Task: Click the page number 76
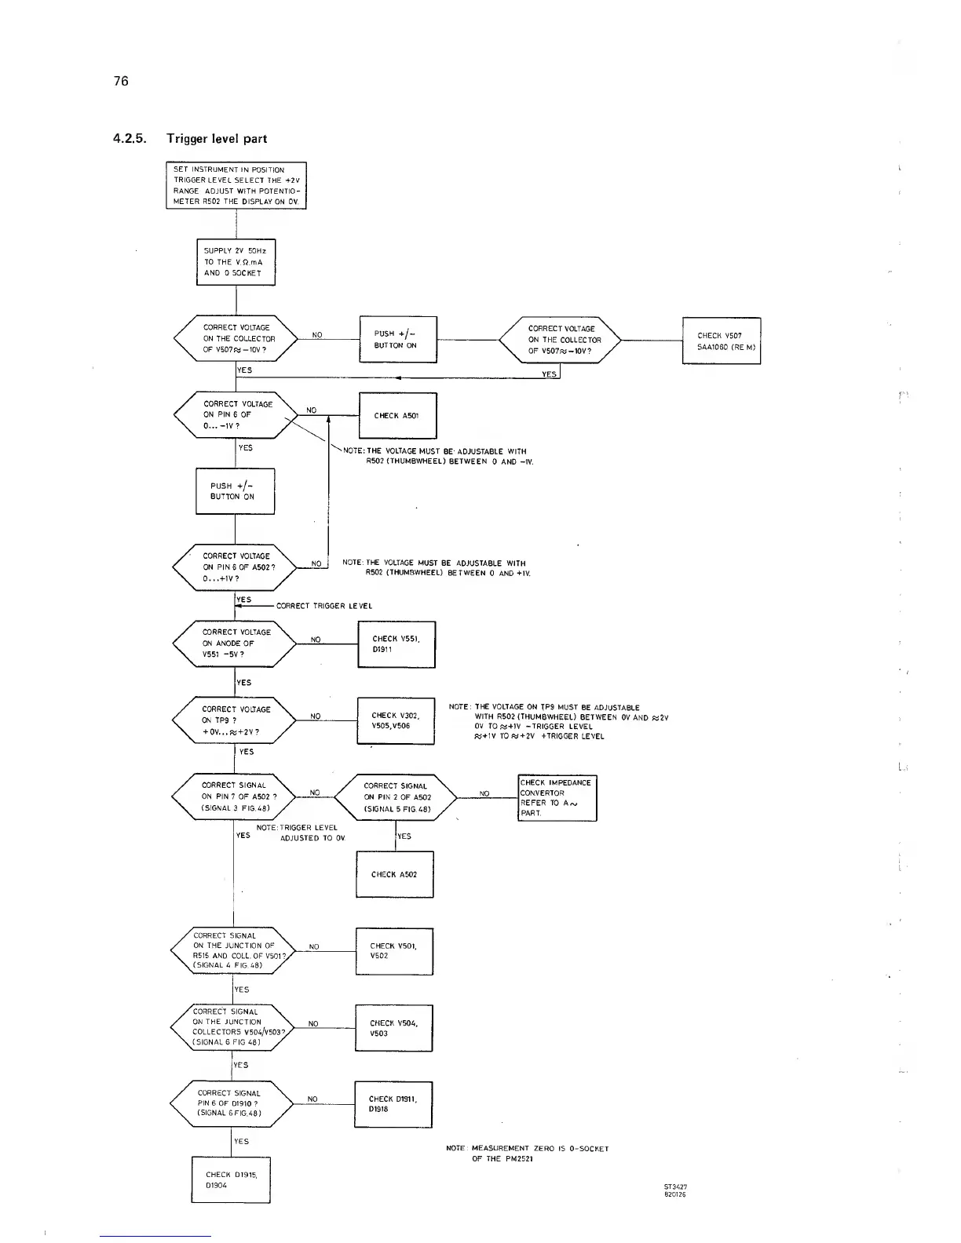[x=120, y=81]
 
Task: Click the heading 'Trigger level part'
[x=216, y=139]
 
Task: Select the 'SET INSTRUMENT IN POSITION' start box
[x=236, y=185]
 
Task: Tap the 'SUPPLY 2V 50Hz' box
[x=235, y=262]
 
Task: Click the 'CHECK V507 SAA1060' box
[x=721, y=341]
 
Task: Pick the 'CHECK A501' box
[x=396, y=415]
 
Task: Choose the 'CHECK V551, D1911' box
[x=396, y=644]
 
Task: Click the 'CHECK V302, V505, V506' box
[x=395, y=720]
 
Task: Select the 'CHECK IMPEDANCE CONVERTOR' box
[x=557, y=797]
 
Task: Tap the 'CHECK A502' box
[x=394, y=874]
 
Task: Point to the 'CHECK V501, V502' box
[x=393, y=951]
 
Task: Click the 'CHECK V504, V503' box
[x=393, y=1028]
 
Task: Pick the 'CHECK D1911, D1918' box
[x=393, y=1104]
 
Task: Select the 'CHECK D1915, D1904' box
[x=230, y=1179]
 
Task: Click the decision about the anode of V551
[x=234, y=643]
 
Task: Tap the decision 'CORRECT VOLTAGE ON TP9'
[x=234, y=720]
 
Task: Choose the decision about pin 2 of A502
[x=396, y=797]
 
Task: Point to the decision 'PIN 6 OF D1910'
[x=231, y=1103]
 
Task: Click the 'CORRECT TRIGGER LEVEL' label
[x=323, y=606]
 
